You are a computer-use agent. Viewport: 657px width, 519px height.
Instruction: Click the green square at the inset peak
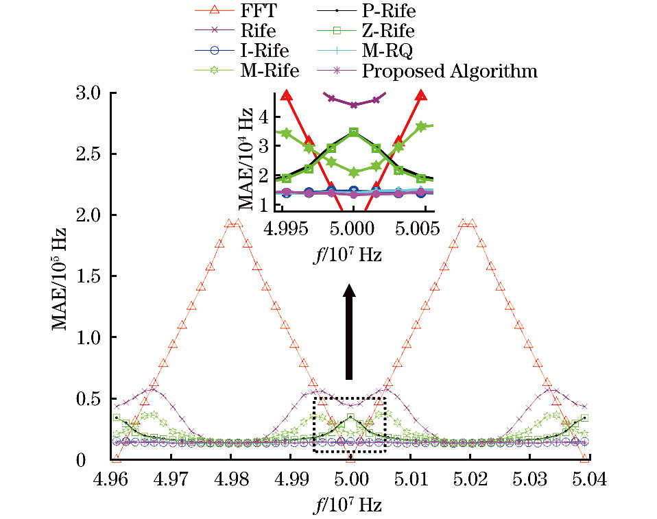[x=353, y=132]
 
